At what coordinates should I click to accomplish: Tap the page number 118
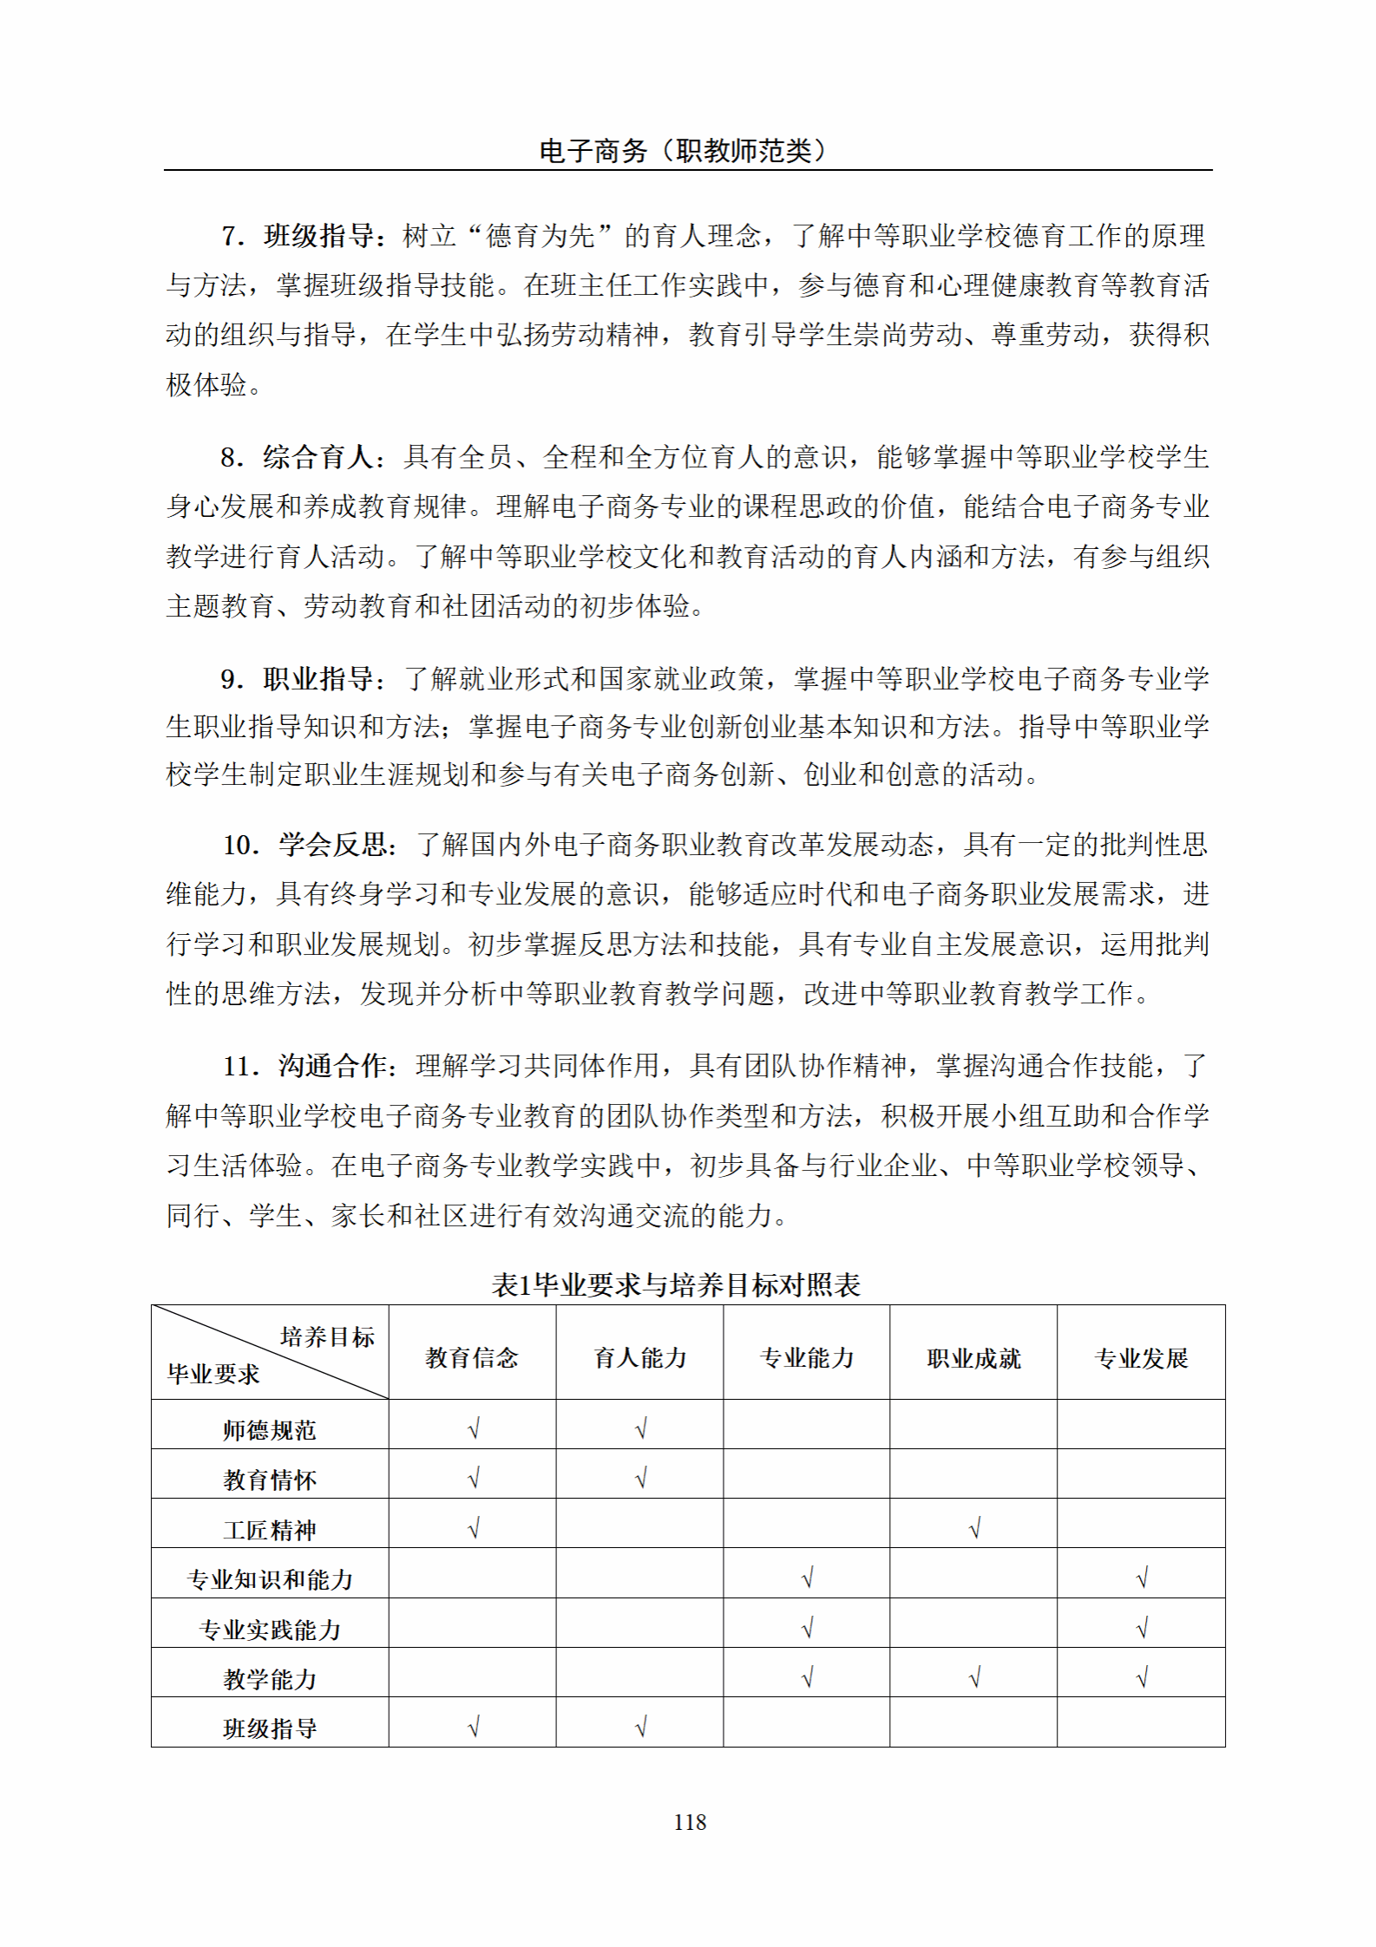[x=690, y=1822]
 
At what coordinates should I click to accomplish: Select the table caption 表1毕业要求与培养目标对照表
[x=676, y=1284]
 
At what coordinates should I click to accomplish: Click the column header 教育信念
[x=472, y=1358]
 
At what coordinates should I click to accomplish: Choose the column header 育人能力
[x=639, y=1358]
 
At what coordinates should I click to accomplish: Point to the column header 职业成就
[x=973, y=1358]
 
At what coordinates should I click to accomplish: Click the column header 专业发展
[x=1141, y=1358]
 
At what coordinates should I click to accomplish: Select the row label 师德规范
[x=270, y=1430]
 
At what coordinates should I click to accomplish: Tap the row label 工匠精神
[x=270, y=1530]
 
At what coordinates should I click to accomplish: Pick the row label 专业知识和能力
[x=270, y=1579]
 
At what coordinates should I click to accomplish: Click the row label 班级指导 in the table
[x=270, y=1728]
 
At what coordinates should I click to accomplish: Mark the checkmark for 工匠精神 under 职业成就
[x=974, y=1528]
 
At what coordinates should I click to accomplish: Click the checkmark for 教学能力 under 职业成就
[x=974, y=1678]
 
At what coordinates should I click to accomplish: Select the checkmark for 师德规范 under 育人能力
[x=641, y=1428]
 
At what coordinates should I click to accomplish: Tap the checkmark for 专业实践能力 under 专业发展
[x=1142, y=1628]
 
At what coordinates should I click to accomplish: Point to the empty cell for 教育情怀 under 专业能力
[x=807, y=1478]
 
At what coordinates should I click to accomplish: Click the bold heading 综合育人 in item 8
[x=318, y=457]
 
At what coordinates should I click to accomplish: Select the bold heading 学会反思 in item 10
[x=333, y=845]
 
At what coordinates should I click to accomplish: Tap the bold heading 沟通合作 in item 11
[x=333, y=1066]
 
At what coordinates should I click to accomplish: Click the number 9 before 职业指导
[x=229, y=679]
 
